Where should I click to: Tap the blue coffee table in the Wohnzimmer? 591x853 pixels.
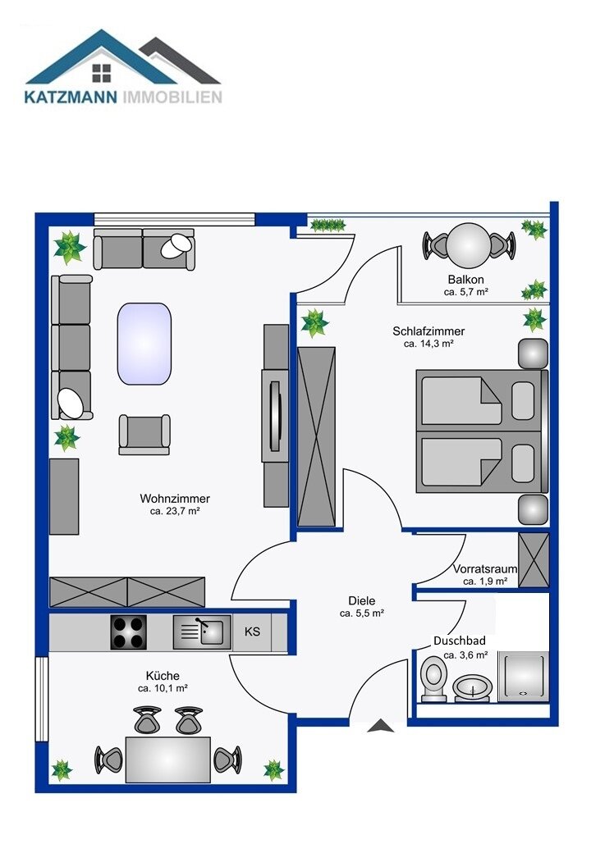144,344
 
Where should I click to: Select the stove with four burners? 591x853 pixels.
128,632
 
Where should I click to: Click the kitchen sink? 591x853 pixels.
202,632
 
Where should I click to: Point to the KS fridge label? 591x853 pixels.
252,632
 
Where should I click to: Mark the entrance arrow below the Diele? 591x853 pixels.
381,726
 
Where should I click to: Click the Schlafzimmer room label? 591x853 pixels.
428,331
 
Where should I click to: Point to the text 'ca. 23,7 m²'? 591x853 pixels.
175,511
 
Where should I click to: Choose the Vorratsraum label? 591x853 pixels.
485,569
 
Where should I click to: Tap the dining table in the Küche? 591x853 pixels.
168,759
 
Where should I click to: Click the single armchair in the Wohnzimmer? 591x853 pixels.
144,434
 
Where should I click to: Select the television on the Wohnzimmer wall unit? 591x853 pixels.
275,416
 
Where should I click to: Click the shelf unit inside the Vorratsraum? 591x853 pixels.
534,560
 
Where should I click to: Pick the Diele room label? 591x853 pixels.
362,600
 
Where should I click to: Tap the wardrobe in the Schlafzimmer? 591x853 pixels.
316,437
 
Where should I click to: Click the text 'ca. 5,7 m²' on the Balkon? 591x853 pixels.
466,292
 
